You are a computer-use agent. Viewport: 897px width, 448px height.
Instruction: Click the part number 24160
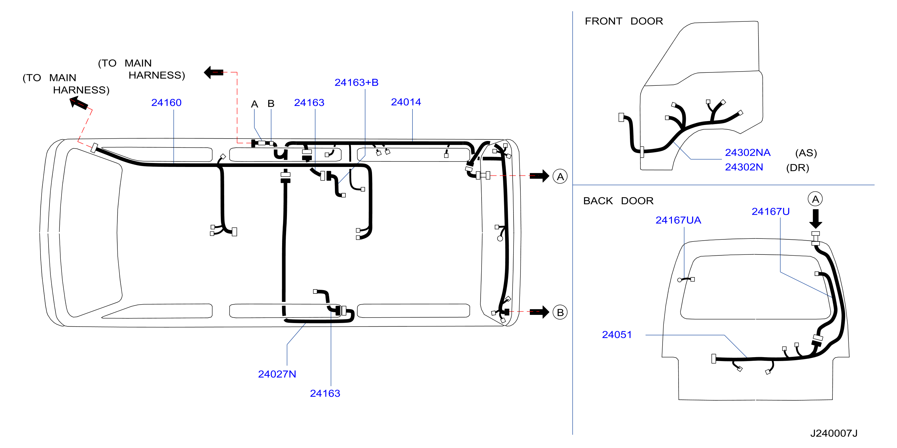click(166, 102)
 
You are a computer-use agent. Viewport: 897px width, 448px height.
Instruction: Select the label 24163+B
click(356, 82)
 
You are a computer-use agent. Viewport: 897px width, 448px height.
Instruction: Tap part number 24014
click(406, 102)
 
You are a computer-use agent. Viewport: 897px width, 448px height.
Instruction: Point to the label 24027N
click(277, 374)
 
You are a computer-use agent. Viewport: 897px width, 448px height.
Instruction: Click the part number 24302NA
click(748, 152)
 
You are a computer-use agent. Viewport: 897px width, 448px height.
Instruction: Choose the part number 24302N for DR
click(744, 167)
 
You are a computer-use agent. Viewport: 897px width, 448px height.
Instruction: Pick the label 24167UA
click(678, 220)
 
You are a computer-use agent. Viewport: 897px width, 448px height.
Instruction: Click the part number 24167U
click(770, 211)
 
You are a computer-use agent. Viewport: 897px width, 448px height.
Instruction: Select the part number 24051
click(617, 335)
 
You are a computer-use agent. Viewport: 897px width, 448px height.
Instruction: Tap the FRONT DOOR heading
click(624, 21)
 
